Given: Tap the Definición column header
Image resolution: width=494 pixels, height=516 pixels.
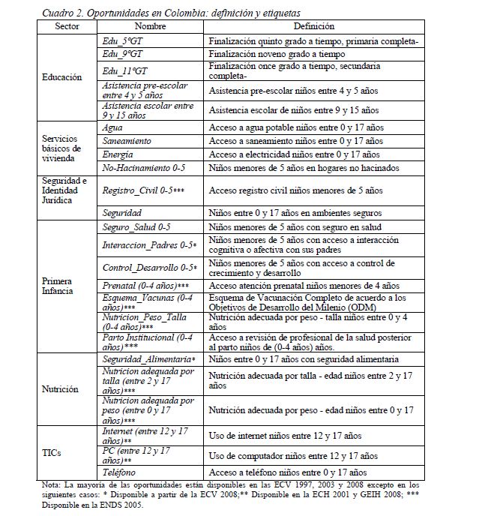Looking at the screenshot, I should (x=314, y=26).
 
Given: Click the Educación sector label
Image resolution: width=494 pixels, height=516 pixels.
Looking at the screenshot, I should (x=62, y=77).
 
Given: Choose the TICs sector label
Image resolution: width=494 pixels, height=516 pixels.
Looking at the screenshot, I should (x=54, y=453).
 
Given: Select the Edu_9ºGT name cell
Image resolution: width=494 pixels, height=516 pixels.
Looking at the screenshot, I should (x=124, y=54).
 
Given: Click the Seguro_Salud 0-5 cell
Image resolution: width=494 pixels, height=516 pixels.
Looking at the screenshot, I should (x=137, y=226).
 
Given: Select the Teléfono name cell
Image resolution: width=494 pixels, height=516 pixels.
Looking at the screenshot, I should (x=121, y=472).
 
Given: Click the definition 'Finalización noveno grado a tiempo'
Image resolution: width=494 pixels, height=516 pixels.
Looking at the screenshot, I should (x=277, y=54).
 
